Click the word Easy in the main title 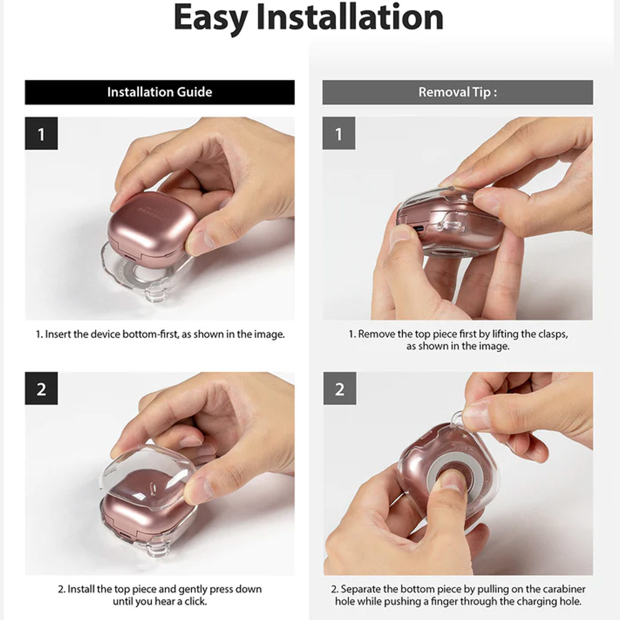pos(210,18)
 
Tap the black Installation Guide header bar pos(160,92)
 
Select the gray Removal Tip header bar pos(458,92)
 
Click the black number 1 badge pos(41,133)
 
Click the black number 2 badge pos(41,388)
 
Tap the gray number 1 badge pos(339,133)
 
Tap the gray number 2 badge pos(340,388)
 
